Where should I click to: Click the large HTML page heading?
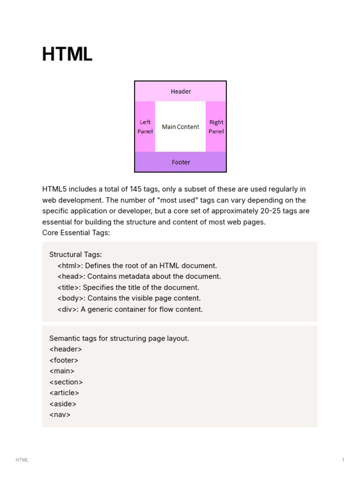tap(67, 54)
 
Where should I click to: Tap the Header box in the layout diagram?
tap(180, 91)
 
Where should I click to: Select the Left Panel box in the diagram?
tap(145, 127)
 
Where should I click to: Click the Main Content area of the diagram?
tap(180, 127)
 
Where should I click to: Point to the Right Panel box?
tap(216, 127)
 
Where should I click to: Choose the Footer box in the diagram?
tap(180, 162)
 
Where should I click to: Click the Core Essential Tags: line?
tap(76, 233)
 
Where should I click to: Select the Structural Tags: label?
tap(75, 255)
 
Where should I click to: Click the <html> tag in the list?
tap(69, 265)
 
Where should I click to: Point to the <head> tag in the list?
tap(70, 276)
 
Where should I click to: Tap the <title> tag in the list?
tap(68, 287)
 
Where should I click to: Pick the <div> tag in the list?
tap(67, 309)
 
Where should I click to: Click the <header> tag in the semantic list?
tap(66, 349)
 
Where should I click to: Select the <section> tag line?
tap(66, 382)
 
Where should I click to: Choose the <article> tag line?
tap(64, 393)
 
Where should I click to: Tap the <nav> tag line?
tap(60, 415)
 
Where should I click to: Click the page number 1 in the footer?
tap(343, 460)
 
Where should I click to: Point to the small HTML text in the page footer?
tap(22, 460)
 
